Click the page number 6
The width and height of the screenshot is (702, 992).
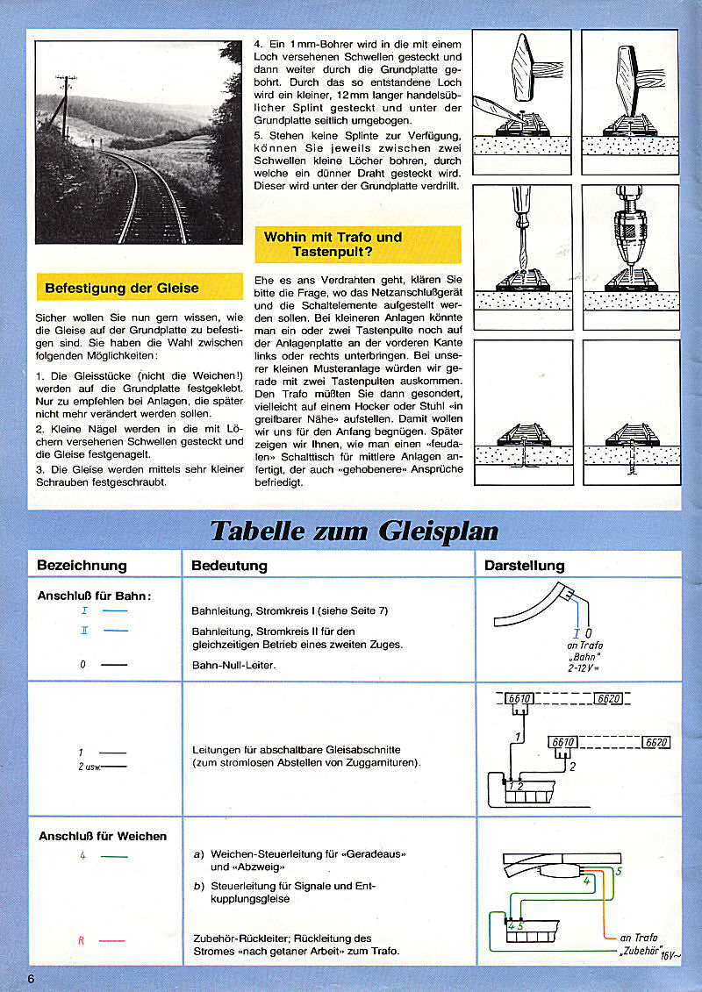coord(31,979)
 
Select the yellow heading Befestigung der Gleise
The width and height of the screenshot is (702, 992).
coord(122,288)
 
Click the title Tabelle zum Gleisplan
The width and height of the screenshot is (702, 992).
coord(354,532)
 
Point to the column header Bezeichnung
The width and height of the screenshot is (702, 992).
coord(82,566)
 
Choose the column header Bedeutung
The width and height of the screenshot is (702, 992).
coord(229,566)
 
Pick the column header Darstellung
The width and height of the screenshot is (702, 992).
coord(524,566)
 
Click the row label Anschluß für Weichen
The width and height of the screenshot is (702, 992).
coord(103,836)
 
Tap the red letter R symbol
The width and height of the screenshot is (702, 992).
coord(81,940)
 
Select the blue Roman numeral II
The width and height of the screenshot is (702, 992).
coord(84,631)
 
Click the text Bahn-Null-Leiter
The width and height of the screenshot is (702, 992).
coord(233,665)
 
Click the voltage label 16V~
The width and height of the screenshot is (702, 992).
coord(670,955)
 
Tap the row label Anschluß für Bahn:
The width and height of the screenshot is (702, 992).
coord(94,596)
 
